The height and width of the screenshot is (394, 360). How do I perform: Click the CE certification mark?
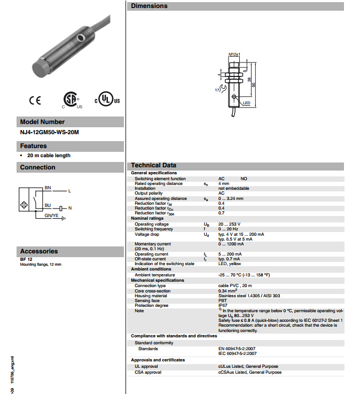[35, 100]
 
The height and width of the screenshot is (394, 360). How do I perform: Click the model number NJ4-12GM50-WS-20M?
[45, 132]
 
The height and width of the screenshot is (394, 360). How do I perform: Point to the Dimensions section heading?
[149, 6]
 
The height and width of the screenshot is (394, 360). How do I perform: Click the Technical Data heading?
[154, 165]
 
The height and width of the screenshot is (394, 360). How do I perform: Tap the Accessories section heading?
[38, 251]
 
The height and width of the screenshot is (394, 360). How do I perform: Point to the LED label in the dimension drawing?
[246, 103]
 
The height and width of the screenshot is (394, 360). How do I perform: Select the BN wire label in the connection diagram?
[48, 188]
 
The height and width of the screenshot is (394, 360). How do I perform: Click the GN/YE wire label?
[52, 215]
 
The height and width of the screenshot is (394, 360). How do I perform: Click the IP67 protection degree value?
[223, 305]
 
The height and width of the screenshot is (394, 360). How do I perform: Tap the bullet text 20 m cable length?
[49, 156]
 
